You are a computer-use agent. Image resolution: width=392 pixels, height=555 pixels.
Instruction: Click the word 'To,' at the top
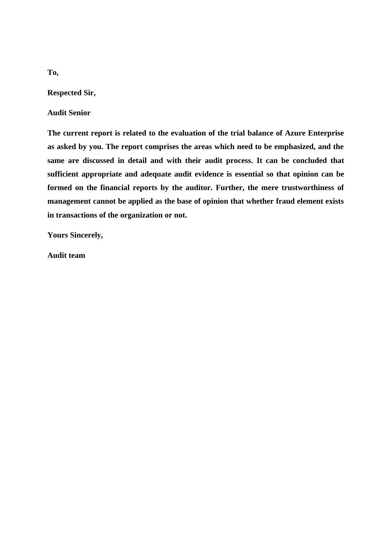[x=53, y=73]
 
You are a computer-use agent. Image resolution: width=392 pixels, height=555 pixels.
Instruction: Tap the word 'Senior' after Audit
[x=80, y=113]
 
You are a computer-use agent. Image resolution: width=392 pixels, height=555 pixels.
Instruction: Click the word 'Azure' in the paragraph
[x=295, y=133]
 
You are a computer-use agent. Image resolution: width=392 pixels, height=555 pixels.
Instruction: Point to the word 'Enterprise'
[x=326, y=133]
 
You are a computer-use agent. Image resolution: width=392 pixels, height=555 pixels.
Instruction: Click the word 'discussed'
[x=98, y=161]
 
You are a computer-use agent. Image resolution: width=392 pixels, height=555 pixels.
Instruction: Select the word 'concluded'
[x=310, y=161]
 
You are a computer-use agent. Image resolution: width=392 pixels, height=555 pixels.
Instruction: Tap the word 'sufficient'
[x=63, y=174]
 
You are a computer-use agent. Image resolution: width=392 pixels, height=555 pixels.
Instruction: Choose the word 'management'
[x=69, y=202]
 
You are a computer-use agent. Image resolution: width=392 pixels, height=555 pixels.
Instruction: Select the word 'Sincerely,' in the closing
[x=86, y=235]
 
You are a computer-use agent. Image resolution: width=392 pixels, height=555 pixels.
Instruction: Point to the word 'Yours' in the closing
[x=58, y=235]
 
